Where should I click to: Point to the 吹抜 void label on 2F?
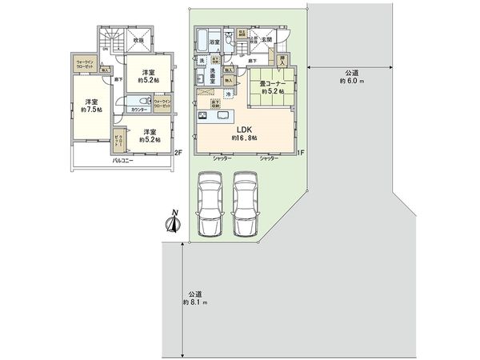point(138,39)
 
